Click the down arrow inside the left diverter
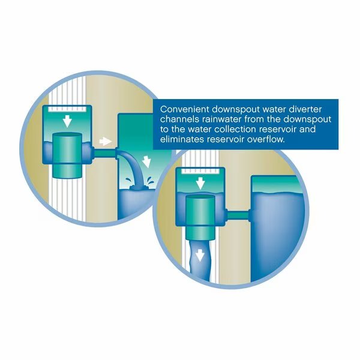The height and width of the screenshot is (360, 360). point(67,121)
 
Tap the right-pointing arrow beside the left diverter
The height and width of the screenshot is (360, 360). point(106,141)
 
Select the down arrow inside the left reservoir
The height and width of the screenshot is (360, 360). point(146,161)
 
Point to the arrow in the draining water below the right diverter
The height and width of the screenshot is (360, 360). point(200,256)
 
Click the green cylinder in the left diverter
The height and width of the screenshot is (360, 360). point(67,155)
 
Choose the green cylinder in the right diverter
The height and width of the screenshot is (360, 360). point(200,217)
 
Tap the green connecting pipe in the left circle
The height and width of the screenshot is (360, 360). point(104,154)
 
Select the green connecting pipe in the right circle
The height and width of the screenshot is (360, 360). point(238,215)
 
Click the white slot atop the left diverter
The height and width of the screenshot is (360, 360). point(67,109)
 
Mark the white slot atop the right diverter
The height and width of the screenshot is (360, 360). point(200,171)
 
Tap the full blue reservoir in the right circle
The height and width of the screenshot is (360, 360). point(278,236)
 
